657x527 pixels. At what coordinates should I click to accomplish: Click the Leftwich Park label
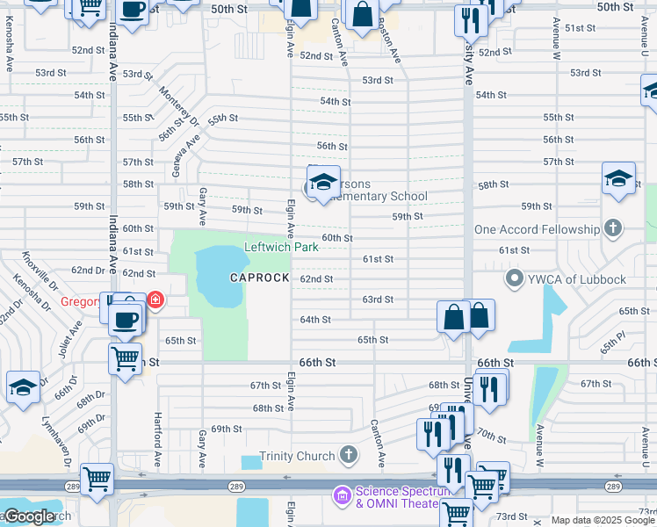[x=280, y=248]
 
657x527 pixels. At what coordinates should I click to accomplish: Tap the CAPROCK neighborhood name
[x=259, y=278]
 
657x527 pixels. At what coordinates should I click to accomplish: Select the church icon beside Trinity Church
[x=349, y=455]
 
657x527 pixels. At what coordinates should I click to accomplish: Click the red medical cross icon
[x=155, y=300]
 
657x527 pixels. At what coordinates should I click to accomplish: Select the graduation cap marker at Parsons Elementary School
[x=323, y=182]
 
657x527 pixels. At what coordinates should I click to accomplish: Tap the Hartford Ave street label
[x=158, y=439]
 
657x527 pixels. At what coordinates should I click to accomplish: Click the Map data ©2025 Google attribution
[x=603, y=520]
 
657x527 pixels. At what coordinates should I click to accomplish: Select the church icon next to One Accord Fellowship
[x=612, y=229]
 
